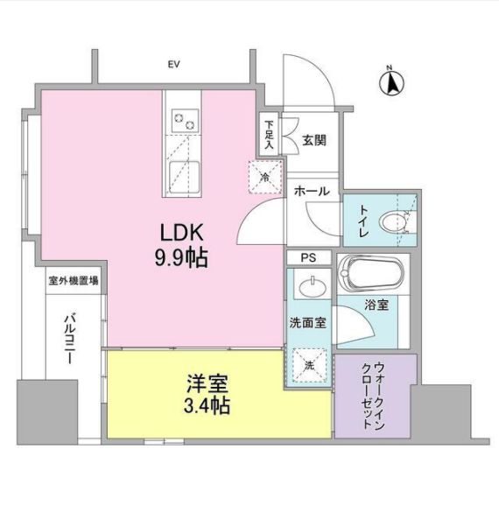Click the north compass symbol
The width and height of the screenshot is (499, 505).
391,82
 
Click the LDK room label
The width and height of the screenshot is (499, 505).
181,234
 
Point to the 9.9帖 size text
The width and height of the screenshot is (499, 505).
181,259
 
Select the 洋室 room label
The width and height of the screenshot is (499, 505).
207,384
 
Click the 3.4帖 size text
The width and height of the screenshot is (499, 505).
207,407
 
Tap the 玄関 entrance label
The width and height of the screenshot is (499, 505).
314,138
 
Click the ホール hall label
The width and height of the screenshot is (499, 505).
312,191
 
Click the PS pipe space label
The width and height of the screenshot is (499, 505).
309,257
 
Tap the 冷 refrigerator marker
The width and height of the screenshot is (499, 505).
265,178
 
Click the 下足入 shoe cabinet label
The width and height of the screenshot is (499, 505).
269,135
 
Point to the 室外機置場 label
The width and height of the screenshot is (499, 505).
74,282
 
